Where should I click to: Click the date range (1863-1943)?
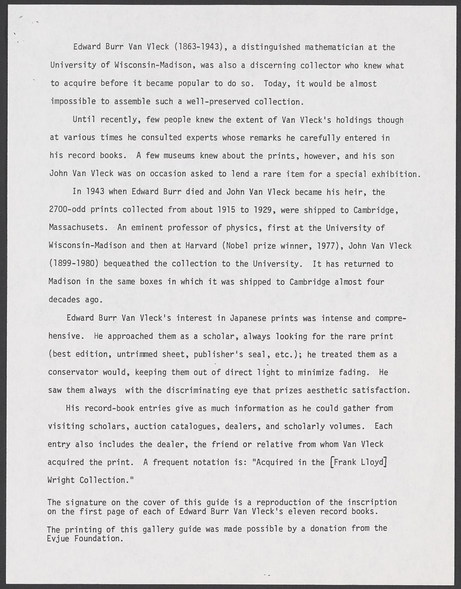click(x=199, y=47)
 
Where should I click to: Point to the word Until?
click(x=84, y=120)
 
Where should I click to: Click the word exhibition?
click(x=396, y=174)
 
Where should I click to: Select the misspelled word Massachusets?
click(x=78, y=228)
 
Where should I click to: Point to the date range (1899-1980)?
click(x=73, y=264)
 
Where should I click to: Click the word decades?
click(x=64, y=300)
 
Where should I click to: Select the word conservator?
click(x=73, y=372)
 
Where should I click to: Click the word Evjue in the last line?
click(x=58, y=538)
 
